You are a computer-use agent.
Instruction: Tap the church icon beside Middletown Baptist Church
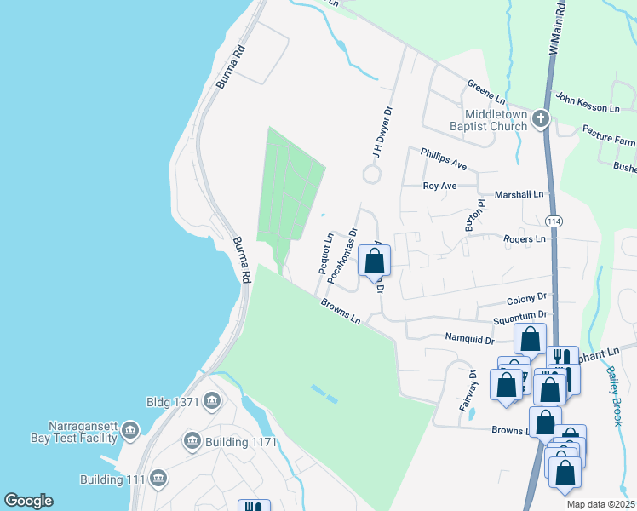[x=540, y=120]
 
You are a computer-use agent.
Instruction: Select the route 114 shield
[x=555, y=221]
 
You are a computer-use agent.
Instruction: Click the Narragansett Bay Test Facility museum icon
[x=130, y=430]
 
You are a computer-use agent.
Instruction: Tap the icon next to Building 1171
[x=191, y=440]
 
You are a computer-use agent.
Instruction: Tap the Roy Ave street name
[x=440, y=186]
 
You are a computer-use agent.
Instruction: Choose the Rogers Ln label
[x=524, y=239]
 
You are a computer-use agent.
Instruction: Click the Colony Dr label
[x=526, y=299]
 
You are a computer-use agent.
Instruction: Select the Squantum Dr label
[x=519, y=319]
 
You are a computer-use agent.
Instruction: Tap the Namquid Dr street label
[x=469, y=339]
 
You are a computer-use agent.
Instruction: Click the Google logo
[x=28, y=501]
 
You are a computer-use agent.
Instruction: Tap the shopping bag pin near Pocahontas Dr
[x=374, y=261]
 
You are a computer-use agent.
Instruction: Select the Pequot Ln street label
[x=326, y=254]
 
